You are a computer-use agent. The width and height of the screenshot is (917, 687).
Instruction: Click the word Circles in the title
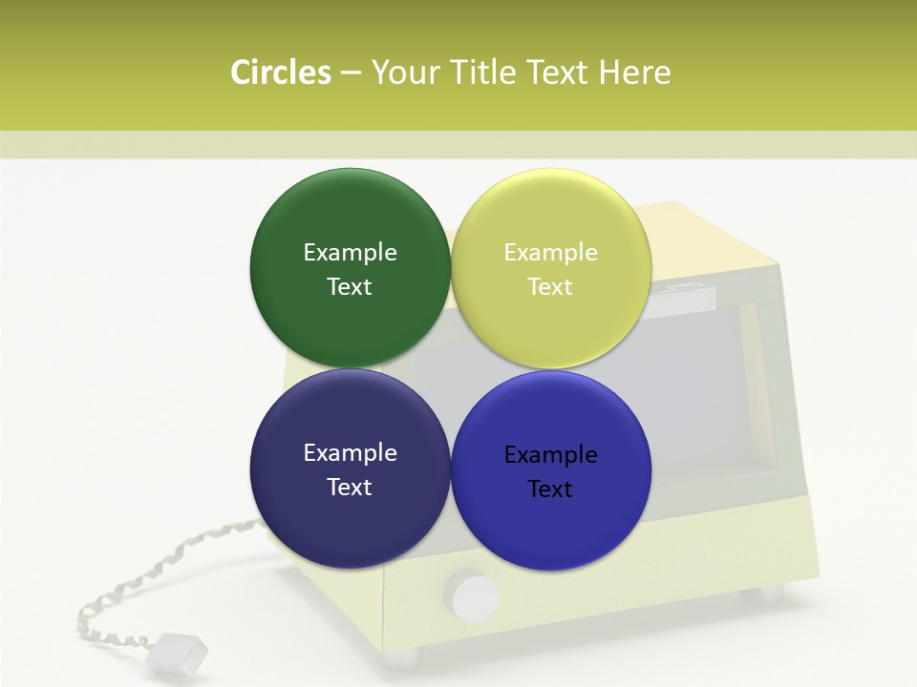click(x=280, y=73)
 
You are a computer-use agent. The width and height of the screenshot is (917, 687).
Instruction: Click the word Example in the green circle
click(x=350, y=252)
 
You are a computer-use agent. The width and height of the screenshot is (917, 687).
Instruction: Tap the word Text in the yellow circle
click(x=550, y=286)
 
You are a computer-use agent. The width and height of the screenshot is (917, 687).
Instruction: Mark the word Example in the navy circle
click(x=350, y=452)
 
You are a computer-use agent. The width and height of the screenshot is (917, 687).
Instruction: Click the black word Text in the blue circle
click(x=550, y=489)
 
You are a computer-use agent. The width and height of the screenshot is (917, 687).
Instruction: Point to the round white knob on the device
click(x=475, y=596)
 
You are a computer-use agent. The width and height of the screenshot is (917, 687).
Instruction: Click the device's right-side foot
click(x=769, y=594)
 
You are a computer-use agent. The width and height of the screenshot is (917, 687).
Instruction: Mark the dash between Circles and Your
click(x=351, y=73)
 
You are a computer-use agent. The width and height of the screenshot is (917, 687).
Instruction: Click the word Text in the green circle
click(x=350, y=286)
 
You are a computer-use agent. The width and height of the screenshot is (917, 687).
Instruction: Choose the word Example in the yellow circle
click(x=550, y=252)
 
